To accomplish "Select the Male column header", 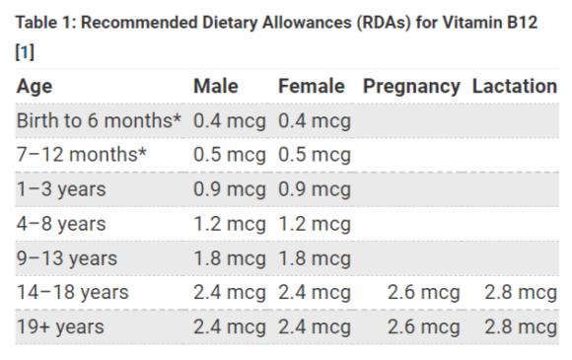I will point(216,87).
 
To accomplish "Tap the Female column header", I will point(312,87).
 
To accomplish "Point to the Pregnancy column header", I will point(411,87).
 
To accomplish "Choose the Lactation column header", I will point(514,87).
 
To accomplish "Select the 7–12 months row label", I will point(78,155).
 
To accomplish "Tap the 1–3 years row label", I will point(61,189).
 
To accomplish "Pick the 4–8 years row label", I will point(61,224).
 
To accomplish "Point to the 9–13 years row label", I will point(66,258).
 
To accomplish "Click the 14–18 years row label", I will point(72,293).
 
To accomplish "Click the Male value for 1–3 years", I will point(230,189).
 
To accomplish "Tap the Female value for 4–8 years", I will point(315,224).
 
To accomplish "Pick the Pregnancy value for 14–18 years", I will point(422,293).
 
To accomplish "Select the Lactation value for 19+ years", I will point(521,326).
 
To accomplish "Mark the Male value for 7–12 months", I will point(230,155).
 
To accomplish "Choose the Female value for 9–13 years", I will point(315,258).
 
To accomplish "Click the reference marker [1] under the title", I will point(25,51).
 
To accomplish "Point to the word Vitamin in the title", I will point(462,22).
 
